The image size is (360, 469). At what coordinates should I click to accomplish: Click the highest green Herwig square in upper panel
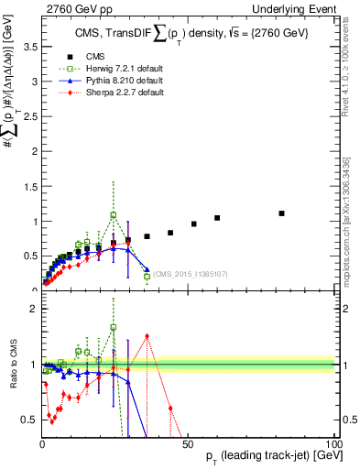point(114,215)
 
